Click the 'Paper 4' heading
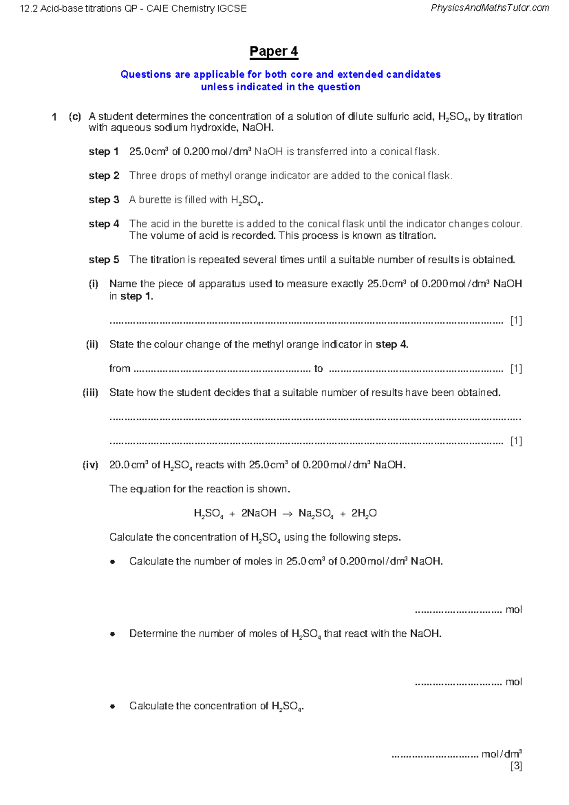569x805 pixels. point(274,51)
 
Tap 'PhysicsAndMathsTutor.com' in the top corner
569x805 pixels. point(490,8)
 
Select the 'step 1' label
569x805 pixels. point(103,152)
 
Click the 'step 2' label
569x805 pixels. point(103,176)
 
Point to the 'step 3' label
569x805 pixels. point(103,200)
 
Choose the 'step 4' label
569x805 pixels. point(103,224)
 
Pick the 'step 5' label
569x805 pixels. point(103,260)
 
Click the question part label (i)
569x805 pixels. point(93,284)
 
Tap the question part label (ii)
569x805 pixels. point(92,345)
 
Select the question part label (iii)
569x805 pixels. point(91,393)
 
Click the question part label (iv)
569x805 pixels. point(91,465)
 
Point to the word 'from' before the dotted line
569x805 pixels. point(119,369)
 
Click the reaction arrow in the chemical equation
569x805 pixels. point(287,514)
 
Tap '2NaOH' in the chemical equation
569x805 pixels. point(259,513)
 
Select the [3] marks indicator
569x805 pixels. point(516,766)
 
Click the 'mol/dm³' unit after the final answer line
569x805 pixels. point(501,754)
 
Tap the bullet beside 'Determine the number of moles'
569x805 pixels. point(112,634)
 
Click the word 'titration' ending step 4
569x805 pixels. point(416,236)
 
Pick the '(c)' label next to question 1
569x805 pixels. point(75,117)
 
